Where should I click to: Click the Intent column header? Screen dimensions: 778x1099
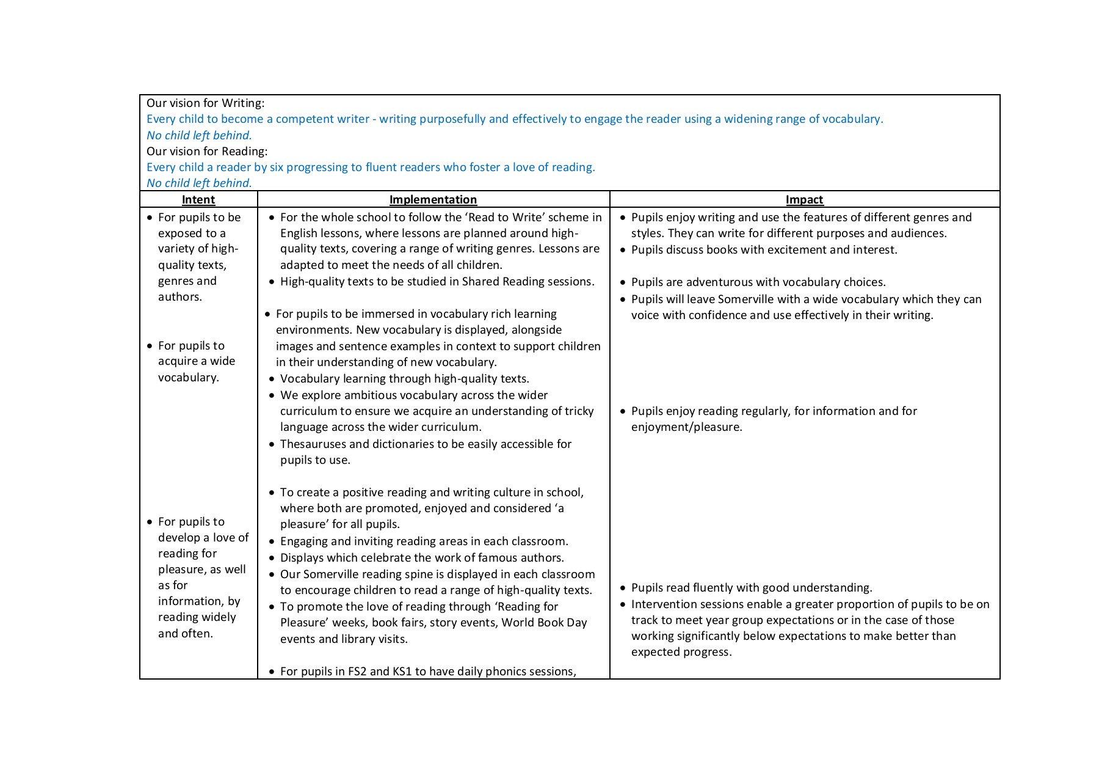click(198, 199)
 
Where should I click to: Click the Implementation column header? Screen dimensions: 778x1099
click(433, 199)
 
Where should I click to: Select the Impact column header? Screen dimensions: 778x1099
click(804, 199)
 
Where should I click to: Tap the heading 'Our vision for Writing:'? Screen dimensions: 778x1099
click(205, 103)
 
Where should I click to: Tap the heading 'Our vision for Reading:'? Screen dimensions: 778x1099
click(207, 151)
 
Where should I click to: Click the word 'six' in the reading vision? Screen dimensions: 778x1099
click(277, 167)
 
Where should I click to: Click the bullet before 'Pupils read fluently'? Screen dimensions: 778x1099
click(623, 588)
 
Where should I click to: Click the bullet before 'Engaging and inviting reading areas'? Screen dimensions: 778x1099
click(272, 541)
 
